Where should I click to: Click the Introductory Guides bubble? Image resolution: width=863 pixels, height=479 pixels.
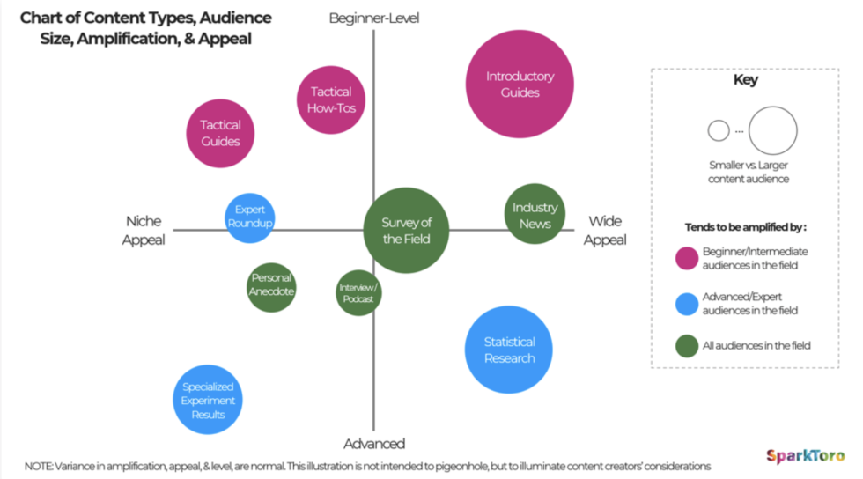520,84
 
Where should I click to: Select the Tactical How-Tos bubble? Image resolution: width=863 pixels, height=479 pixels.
331,99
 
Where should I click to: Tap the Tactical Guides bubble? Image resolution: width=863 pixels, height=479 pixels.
220,133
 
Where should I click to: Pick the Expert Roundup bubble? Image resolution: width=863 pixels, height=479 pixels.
250,217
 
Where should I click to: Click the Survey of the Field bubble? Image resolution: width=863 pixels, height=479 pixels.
406,231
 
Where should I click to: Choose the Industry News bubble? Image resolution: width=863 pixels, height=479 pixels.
535,214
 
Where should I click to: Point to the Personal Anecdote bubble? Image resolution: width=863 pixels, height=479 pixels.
271,286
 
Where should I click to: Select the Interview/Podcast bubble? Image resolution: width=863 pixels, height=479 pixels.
358,293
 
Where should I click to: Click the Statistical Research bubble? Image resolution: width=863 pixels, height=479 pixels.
508,350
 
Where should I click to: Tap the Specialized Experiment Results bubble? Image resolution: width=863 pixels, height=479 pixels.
208,401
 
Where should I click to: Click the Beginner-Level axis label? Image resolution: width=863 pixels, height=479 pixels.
374,18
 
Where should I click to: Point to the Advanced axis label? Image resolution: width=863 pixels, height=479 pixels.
374,444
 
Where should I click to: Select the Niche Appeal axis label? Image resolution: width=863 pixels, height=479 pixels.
144,231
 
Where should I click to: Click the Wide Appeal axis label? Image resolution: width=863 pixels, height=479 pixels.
606,231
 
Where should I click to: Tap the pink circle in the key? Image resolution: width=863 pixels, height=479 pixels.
687,258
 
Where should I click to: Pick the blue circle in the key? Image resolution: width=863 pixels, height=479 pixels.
687,304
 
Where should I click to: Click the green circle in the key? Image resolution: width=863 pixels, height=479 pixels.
687,345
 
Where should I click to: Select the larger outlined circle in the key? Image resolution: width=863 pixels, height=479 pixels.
772,131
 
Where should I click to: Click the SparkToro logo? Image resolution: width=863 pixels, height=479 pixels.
805,455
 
